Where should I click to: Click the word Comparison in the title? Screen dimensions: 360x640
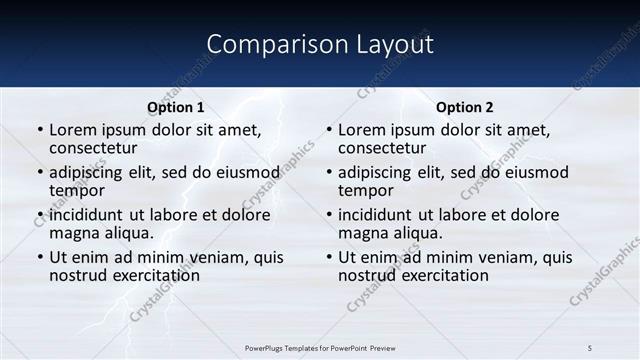coord(263,45)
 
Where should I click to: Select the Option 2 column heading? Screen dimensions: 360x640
coord(464,107)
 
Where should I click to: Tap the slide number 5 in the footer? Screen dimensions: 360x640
coord(589,346)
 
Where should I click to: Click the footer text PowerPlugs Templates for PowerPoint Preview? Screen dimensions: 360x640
coord(319,346)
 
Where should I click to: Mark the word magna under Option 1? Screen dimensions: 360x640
coord(74,233)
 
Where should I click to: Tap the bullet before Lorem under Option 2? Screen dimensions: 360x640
coord(328,131)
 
